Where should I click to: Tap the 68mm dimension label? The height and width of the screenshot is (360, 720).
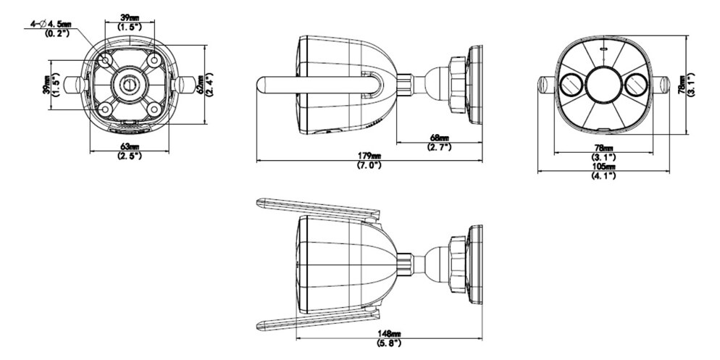440,138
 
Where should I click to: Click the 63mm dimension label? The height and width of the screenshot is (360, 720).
130,147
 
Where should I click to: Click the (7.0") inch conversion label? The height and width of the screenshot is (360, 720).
369,165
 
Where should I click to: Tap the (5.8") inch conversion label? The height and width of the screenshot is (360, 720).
388,343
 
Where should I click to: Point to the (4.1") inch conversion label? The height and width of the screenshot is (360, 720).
603,175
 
